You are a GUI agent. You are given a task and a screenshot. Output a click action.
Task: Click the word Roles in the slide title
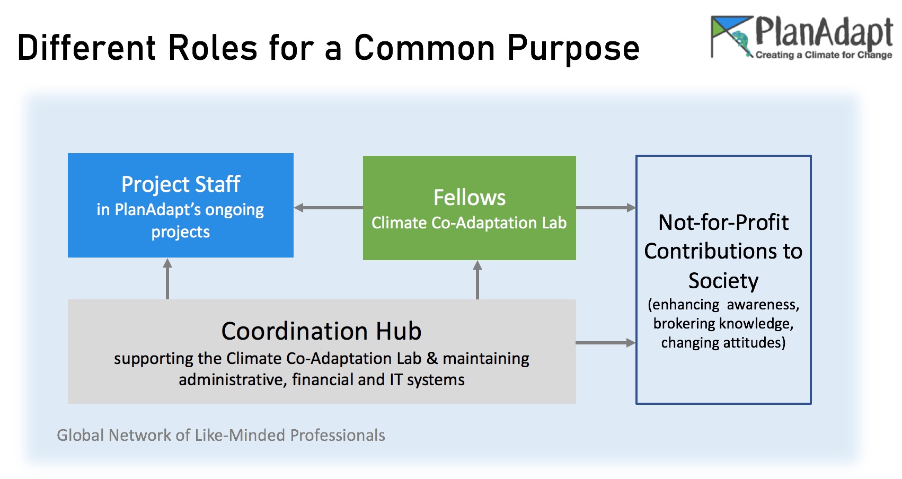point(213,48)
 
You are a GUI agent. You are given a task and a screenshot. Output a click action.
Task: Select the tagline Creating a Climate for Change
point(824,55)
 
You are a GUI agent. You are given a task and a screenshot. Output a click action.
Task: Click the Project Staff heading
point(181,184)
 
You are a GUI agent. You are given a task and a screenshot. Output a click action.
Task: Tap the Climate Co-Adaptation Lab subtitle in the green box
point(469,223)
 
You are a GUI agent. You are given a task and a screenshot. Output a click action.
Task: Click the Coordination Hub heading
point(321,331)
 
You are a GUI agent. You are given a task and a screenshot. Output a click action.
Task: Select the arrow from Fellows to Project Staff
point(328,208)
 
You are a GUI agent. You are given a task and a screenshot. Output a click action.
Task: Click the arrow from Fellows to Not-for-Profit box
point(606,208)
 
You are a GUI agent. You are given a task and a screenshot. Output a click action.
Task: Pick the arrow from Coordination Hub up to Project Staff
point(167,279)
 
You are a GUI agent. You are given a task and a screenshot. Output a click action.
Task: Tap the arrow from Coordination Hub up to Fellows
point(477,280)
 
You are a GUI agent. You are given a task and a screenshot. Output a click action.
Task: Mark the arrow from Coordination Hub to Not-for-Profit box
point(606,343)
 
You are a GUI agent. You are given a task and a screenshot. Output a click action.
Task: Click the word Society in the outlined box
point(723,280)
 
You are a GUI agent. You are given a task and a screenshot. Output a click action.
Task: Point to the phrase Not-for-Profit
point(723,222)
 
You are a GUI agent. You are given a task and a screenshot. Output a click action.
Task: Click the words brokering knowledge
point(723,324)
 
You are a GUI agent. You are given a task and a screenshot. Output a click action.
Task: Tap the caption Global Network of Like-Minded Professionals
point(220,435)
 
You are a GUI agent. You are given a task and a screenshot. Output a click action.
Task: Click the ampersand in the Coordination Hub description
point(432,358)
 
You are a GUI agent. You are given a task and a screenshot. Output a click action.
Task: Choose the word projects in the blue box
point(180,232)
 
